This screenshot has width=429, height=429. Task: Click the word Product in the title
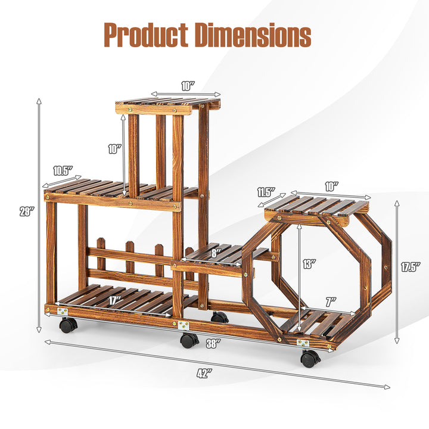tap(146, 36)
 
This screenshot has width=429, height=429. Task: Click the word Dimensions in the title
tap(253, 36)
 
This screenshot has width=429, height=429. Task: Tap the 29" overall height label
tap(27, 212)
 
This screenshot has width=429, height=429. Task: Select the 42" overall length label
tap(204, 374)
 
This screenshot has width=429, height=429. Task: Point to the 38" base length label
tap(213, 344)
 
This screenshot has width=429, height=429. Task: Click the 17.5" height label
tap(411, 267)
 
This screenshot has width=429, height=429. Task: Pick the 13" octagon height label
tap(309, 264)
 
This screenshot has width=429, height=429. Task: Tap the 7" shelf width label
tap(331, 302)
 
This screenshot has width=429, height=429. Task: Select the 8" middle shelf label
tap(214, 253)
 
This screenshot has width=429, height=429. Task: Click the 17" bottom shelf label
tap(114, 301)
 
